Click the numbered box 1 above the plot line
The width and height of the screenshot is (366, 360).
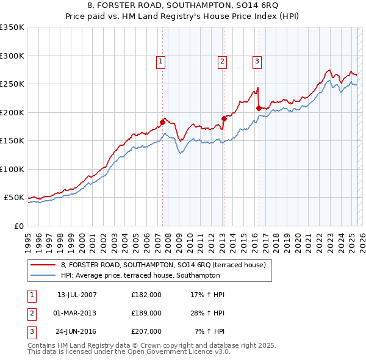[x=160, y=61]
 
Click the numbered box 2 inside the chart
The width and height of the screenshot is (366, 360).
[x=222, y=61]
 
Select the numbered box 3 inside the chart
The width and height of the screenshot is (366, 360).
[x=257, y=61]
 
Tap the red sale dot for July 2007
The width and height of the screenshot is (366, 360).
[x=162, y=122]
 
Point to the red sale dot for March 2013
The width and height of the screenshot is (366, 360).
[x=224, y=118]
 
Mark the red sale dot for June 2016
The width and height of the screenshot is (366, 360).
[x=259, y=108]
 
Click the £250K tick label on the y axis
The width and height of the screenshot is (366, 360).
[x=12, y=84]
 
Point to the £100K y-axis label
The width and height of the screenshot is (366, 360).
[x=12, y=169]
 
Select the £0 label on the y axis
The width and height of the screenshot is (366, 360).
[x=18, y=226]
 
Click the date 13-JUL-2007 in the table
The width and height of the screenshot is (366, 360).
[x=76, y=295]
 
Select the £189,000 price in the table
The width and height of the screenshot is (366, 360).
[x=146, y=313]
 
